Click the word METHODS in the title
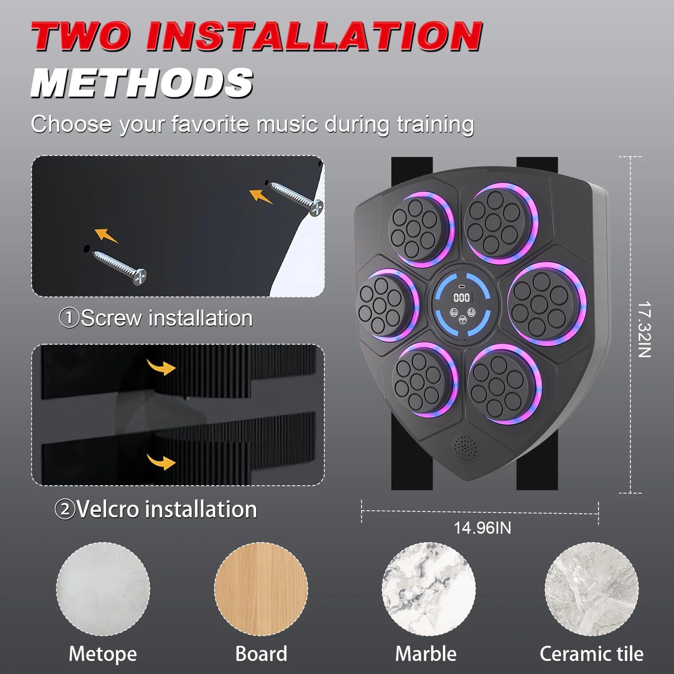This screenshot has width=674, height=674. [143, 83]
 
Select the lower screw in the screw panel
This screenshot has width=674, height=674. [119, 266]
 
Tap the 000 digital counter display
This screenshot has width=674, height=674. [462, 298]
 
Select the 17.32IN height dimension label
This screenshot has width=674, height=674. [644, 329]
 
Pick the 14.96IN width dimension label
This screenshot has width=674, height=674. [482, 528]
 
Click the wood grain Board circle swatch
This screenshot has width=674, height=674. [261, 589]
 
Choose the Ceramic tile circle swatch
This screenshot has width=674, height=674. [592, 589]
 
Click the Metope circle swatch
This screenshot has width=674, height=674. [103, 589]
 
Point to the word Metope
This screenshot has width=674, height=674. [103, 654]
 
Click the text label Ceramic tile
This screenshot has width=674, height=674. [591, 654]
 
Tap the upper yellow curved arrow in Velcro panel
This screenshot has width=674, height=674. [161, 368]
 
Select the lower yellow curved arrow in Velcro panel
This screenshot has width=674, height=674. [161, 462]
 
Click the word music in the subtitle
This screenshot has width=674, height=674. [287, 124]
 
